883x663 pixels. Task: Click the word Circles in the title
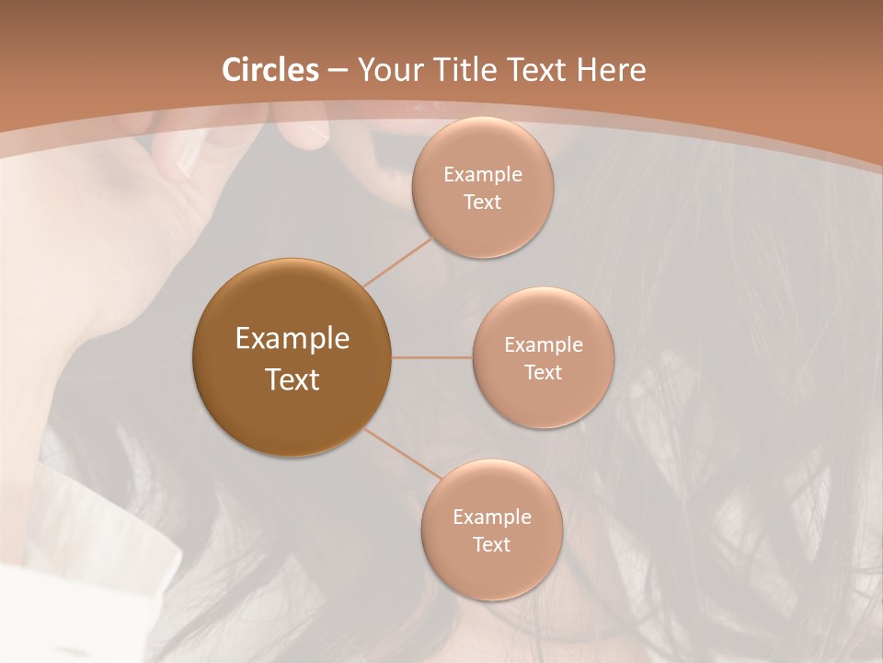pyautogui.click(x=269, y=70)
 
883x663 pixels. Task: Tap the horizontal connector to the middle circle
pyautogui.click(x=432, y=357)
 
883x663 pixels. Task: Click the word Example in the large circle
pyautogui.click(x=292, y=339)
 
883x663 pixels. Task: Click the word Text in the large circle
pyautogui.click(x=292, y=379)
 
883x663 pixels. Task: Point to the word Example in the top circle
pyautogui.click(x=482, y=175)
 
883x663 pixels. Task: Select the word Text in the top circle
pyautogui.click(x=482, y=202)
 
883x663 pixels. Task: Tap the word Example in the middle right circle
pyautogui.click(x=543, y=345)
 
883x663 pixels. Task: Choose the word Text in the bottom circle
pyautogui.click(x=491, y=544)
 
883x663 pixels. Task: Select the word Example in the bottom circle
pyautogui.click(x=491, y=518)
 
